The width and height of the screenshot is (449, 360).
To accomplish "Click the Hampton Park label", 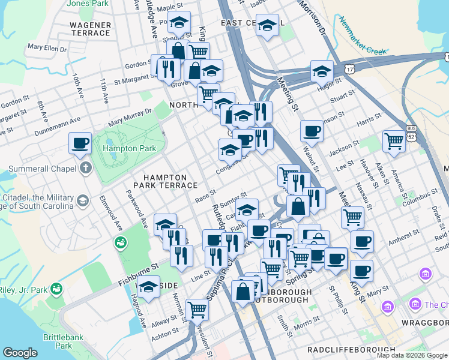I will pos(129,148).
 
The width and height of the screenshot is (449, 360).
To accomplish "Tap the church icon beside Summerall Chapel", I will pos(85,167).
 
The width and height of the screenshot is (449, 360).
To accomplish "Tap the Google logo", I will pos(20,353).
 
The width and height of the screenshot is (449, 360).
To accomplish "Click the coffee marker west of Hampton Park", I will pos(80,143).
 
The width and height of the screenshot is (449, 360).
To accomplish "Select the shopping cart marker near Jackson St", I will pos(394,142).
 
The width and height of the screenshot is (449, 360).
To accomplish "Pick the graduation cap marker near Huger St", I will pos(322,71).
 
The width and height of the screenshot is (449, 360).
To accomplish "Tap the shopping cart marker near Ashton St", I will pos(196,310).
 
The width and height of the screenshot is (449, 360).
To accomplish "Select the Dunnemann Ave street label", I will pos(57,125).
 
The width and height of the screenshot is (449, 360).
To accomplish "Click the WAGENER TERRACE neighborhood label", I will pos(91,29).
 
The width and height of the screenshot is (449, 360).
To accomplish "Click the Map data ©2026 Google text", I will pos(412,355).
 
